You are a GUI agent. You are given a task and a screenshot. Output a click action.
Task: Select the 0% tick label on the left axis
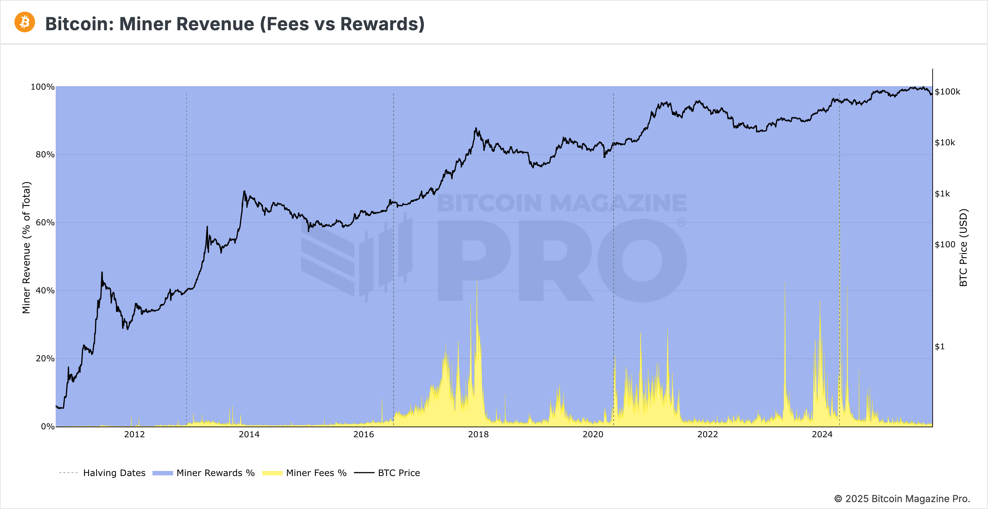[x=47, y=426]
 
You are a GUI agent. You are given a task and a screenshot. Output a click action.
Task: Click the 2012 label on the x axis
[x=134, y=434]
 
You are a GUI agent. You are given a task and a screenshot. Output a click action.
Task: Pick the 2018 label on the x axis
[x=478, y=434]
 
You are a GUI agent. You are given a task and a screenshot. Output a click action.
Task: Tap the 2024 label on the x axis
[x=822, y=434]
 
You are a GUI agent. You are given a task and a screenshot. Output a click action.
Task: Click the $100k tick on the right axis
[x=947, y=92]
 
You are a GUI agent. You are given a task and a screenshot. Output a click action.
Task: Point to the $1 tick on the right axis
[x=940, y=347]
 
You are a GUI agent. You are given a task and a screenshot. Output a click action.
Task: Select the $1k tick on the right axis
[x=942, y=194]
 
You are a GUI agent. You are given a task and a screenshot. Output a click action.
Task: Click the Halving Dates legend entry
[x=114, y=473]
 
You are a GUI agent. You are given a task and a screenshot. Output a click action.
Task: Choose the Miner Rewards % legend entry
[x=215, y=473]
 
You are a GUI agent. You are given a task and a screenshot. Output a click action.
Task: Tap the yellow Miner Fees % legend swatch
[x=272, y=473]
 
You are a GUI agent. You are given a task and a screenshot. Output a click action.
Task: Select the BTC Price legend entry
[x=398, y=473]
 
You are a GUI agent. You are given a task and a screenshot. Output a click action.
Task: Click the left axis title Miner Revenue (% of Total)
[x=26, y=248]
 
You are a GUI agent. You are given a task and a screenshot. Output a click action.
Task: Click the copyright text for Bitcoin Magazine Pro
[x=902, y=499]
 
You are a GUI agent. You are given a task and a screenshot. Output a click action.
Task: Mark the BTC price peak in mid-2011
[x=102, y=272]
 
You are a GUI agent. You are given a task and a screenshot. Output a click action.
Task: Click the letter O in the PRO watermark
[x=642, y=260]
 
